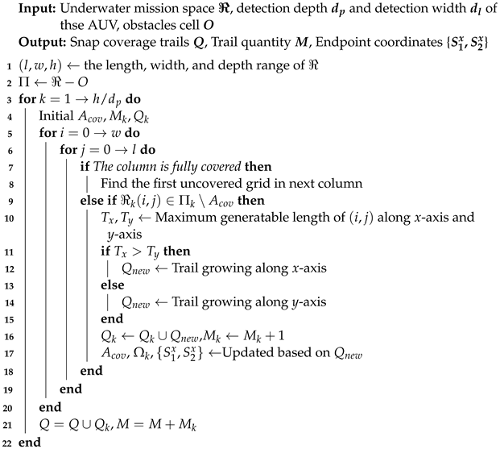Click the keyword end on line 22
29,443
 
